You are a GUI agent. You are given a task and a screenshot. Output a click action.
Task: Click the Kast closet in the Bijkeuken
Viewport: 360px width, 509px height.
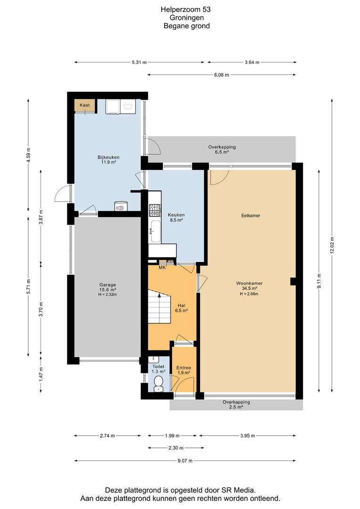85,106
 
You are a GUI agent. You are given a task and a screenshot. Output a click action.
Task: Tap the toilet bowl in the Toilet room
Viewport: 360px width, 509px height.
158,383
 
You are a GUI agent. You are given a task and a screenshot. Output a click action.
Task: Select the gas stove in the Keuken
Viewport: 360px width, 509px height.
155,210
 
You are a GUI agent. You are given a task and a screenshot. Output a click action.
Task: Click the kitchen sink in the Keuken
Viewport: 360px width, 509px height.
155,231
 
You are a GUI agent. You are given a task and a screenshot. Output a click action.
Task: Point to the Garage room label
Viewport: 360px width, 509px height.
107,289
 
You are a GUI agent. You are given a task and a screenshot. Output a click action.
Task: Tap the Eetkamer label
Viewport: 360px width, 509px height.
251,215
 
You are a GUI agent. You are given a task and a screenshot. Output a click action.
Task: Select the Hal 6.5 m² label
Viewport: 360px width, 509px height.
181,308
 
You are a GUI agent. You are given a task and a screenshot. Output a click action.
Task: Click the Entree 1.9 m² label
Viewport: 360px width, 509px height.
184,370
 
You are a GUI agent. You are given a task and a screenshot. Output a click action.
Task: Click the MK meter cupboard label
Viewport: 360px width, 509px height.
162,268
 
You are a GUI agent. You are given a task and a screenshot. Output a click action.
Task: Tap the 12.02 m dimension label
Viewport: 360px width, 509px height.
332,246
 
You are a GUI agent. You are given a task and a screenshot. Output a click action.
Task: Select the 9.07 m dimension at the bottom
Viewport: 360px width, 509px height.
185,460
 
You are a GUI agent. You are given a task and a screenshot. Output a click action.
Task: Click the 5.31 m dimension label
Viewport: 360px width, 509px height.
139,62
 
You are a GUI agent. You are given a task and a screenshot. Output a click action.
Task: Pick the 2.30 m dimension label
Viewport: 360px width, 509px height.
176,448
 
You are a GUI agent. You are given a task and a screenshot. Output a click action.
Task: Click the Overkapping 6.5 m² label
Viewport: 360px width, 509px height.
222,149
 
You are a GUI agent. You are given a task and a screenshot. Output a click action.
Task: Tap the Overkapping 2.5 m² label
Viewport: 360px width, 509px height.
237,404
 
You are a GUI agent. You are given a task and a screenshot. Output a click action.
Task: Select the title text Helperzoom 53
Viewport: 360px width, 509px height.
186,9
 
